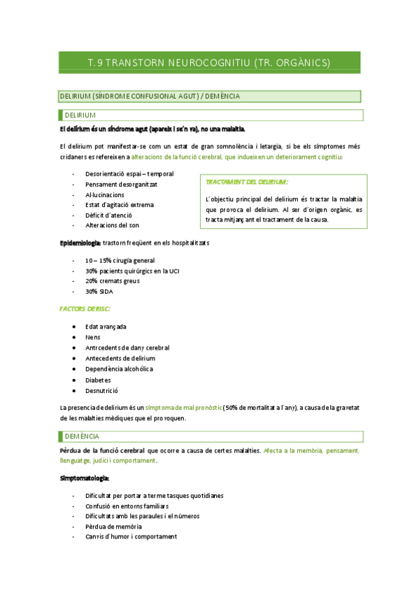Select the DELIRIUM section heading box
[x=209, y=115]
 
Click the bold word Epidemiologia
[x=79, y=243]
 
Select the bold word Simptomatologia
[x=85, y=478]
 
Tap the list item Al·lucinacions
[x=105, y=194]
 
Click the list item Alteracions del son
[x=112, y=225]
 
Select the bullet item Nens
[x=92, y=337]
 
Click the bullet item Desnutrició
[x=102, y=390]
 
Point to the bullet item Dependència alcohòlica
[x=119, y=369]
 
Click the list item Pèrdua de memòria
[x=113, y=526]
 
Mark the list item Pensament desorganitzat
[x=121, y=184]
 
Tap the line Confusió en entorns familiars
[x=127, y=506]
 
